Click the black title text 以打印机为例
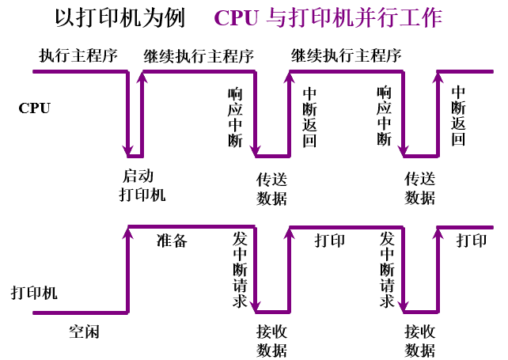[119, 18]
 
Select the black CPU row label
[34, 108]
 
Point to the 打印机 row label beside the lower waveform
[34, 294]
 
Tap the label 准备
[172, 241]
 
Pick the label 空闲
[84, 332]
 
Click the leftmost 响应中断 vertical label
[235, 116]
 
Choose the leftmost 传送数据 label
[271, 188]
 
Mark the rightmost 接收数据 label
[420, 341]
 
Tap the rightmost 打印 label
[472, 241]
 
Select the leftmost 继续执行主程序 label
[199, 56]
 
